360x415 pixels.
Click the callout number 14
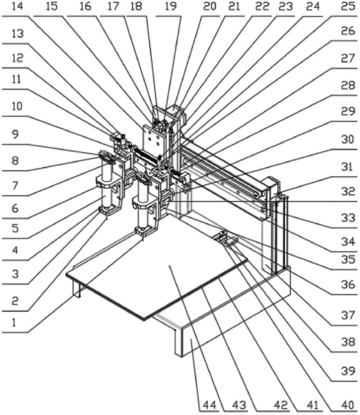pos(18,6)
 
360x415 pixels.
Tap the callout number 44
pos(210,405)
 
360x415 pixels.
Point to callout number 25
pos(348,6)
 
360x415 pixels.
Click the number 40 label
pos(348,405)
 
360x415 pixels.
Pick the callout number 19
pos(171,6)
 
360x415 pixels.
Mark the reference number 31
pos(347,167)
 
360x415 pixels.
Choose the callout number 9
pos(15,134)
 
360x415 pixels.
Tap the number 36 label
pos(348,285)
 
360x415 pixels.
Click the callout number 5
pos(15,228)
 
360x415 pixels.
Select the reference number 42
pos(281,405)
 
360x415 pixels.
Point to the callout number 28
pos(348,85)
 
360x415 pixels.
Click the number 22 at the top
pos(262,6)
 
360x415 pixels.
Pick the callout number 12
pos(18,58)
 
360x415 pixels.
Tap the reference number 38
pos(348,342)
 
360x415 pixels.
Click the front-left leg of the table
pos(76,288)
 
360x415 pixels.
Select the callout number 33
pos(348,218)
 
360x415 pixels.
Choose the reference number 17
pos(113,6)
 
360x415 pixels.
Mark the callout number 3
pos(15,274)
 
